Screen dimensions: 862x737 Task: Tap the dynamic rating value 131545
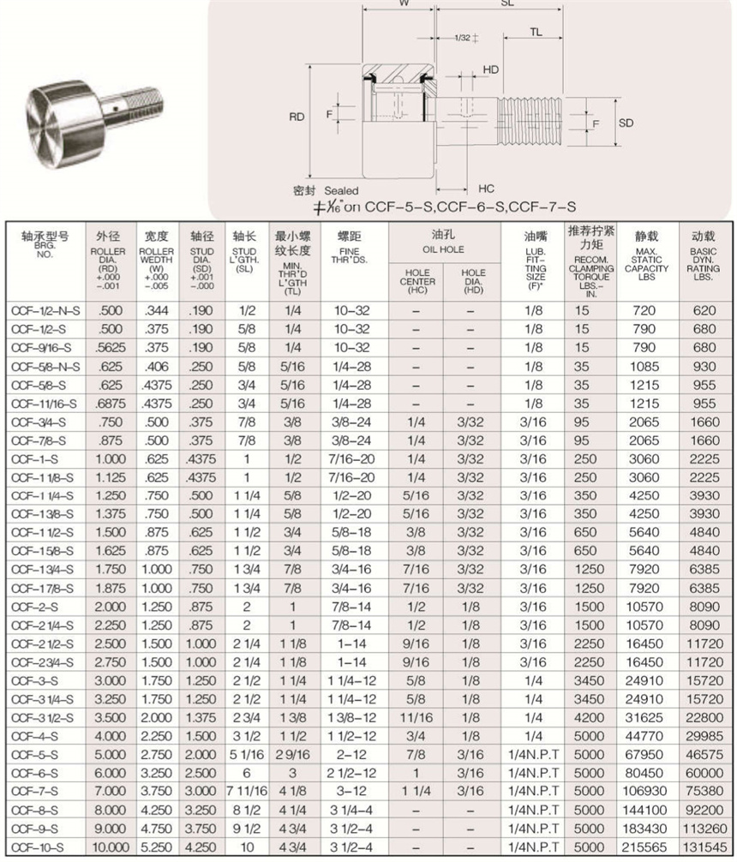pos(704,847)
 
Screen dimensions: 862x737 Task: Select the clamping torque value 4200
pos(583,717)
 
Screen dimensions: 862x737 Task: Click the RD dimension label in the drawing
pos(297,117)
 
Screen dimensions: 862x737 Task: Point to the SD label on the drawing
pos(626,123)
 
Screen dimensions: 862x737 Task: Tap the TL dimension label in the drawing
pos(536,32)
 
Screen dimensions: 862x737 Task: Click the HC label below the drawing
pos(486,188)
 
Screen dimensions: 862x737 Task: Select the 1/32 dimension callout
pos(461,38)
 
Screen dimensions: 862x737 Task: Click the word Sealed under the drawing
pos(341,190)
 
